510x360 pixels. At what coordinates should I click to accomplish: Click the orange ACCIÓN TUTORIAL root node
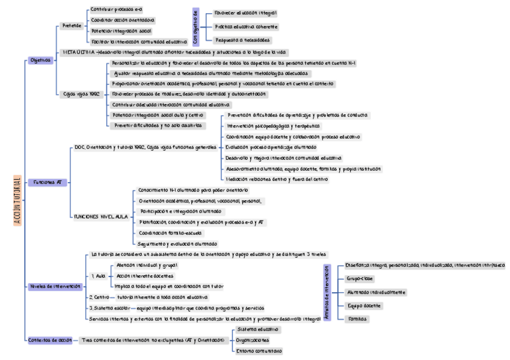[17, 201]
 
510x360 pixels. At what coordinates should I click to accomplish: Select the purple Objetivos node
[41, 60]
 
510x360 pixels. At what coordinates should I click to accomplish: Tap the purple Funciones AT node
[51, 182]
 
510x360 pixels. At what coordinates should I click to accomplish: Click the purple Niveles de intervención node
[55, 286]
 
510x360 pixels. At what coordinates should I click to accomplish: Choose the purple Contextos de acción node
[50, 340]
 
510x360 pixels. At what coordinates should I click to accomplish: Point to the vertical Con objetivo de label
[195, 27]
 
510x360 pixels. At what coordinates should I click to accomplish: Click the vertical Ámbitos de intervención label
[327, 292]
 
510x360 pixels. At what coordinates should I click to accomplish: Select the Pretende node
[73, 26]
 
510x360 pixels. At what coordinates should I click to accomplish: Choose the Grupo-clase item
[360, 279]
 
